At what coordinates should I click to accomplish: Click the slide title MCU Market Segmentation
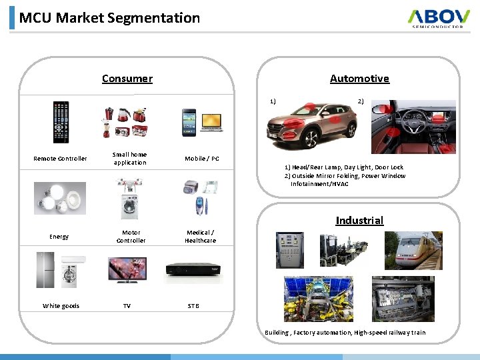coord(109,18)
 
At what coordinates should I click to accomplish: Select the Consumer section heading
coord(127,79)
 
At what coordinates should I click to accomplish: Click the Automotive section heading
coord(359,79)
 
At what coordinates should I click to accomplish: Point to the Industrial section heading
coord(359,221)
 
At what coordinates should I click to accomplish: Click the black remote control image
coord(61,122)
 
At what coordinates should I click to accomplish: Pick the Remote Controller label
coord(60,159)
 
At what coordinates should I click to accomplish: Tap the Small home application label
coord(130,159)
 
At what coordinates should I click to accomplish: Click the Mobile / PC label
coord(202,159)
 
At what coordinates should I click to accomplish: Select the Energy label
coord(59,237)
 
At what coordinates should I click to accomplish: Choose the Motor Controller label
coord(131,237)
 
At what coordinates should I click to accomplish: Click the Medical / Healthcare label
coord(201,237)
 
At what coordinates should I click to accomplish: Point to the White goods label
coord(61,306)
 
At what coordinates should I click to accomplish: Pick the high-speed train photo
coord(420,250)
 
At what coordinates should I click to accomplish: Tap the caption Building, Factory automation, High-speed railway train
coord(345,333)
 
